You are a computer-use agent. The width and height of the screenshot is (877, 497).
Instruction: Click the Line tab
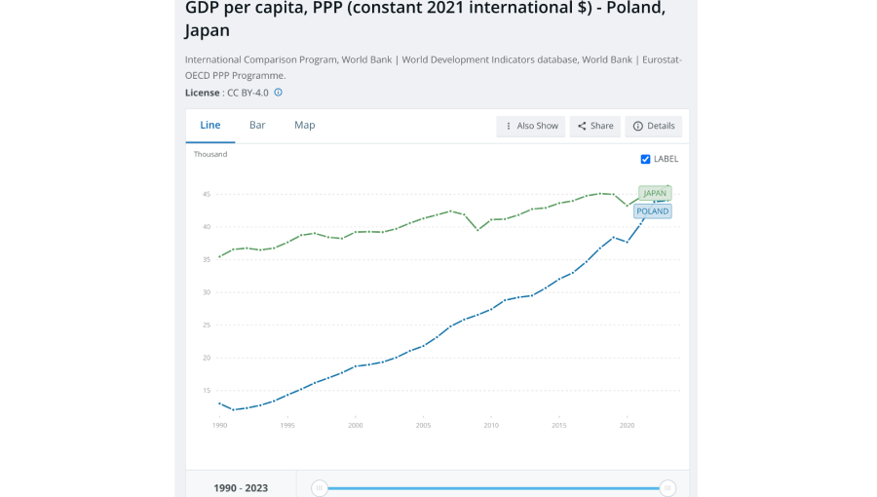click(210, 126)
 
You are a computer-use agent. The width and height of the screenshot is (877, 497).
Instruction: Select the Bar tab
click(257, 126)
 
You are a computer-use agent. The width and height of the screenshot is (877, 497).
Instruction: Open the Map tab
click(305, 126)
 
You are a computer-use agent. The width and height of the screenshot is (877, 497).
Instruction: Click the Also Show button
click(531, 127)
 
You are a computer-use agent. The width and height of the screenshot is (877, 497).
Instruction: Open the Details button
click(654, 127)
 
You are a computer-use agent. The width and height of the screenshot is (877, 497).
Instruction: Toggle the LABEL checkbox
click(645, 159)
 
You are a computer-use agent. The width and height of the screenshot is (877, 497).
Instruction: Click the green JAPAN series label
click(655, 193)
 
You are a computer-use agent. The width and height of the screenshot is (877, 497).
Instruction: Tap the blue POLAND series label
click(653, 211)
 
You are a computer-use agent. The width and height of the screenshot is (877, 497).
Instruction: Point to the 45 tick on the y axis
click(206, 194)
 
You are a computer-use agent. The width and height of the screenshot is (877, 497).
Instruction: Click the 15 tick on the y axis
click(206, 391)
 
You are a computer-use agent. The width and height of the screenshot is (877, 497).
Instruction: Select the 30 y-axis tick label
click(206, 292)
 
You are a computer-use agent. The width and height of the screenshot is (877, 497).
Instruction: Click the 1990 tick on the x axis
click(219, 426)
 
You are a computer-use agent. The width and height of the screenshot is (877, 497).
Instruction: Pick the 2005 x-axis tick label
click(424, 426)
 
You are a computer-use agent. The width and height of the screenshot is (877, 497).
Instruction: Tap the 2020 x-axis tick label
click(628, 426)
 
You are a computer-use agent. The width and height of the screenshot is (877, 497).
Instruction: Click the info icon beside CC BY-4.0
click(279, 93)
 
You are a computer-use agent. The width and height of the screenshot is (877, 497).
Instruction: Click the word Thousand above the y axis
click(210, 155)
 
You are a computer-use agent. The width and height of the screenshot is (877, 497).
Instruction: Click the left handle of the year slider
click(320, 488)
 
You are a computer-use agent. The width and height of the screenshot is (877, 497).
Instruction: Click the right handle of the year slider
click(667, 488)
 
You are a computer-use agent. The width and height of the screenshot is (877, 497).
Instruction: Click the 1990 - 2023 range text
click(241, 488)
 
